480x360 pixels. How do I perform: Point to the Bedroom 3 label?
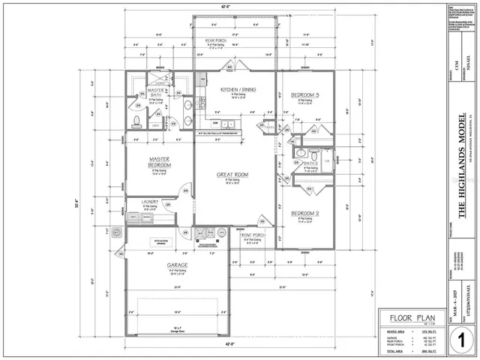(x=305, y=94)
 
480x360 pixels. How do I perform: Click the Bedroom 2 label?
(x=305, y=213)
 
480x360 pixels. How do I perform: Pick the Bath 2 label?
(x=312, y=163)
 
